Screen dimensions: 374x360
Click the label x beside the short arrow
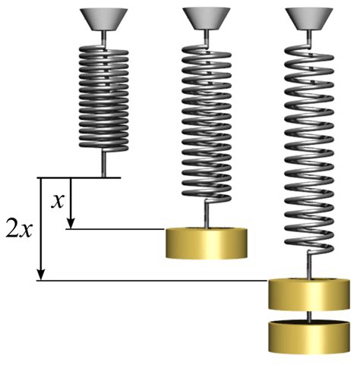tap(56, 201)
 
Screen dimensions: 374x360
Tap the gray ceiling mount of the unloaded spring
tap(101, 20)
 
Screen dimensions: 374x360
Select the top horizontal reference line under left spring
tap(80, 178)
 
